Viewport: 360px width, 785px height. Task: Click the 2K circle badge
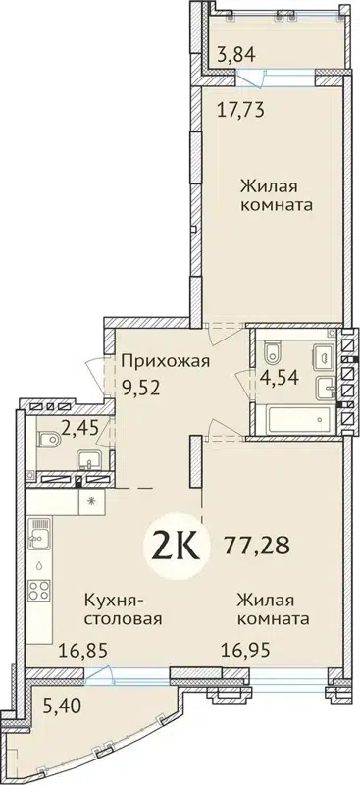(176, 544)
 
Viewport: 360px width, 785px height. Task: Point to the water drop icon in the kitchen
(38, 565)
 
